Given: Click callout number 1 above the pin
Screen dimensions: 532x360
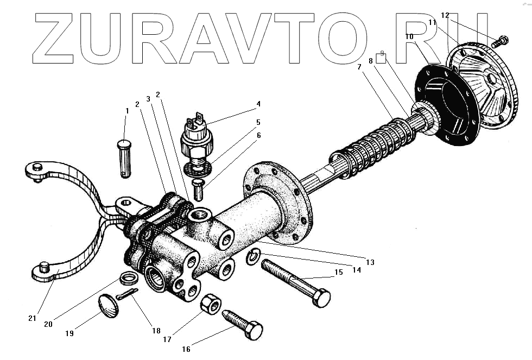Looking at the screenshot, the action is pyautogui.click(x=126, y=111).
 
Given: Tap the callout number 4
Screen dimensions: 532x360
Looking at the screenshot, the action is pyautogui.click(x=258, y=103).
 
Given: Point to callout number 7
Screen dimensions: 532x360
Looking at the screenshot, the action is pyautogui.click(x=358, y=67).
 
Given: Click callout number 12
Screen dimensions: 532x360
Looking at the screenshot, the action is pyautogui.click(x=445, y=15).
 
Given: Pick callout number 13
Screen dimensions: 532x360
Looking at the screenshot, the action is pyautogui.click(x=370, y=262).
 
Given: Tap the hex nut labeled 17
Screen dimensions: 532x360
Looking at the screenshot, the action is pyautogui.click(x=210, y=305).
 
